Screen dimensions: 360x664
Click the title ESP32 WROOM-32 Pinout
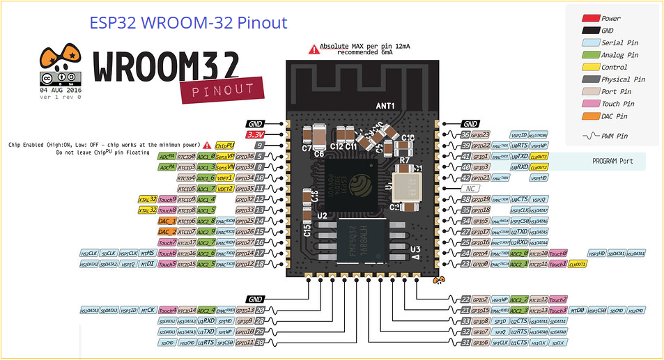(x=188, y=22)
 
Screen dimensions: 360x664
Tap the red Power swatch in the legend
(x=591, y=19)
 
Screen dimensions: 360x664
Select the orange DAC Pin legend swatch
(x=591, y=116)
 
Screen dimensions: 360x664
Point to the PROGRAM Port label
(x=612, y=161)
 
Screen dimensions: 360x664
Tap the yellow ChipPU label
(x=225, y=146)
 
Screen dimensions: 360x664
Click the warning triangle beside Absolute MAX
(x=315, y=49)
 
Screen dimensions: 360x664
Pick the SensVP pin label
(x=224, y=156)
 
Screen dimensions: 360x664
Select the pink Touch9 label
(x=167, y=199)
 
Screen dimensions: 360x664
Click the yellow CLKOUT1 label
(x=577, y=264)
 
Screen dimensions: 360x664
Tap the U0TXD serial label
(x=520, y=157)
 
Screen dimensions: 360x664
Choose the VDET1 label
(x=224, y=178)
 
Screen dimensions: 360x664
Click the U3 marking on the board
(x=415, y=249)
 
